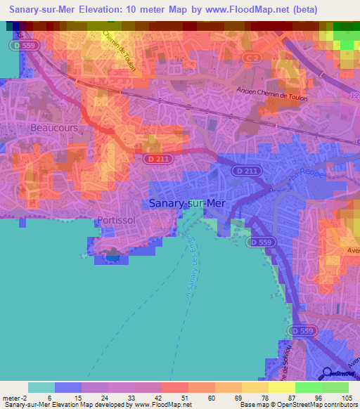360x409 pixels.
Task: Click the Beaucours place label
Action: point(53,129)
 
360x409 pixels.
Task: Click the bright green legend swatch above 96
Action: point(309,387)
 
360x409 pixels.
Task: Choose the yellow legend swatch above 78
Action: point(255,387)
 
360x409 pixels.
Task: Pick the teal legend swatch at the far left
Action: point(41,387)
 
